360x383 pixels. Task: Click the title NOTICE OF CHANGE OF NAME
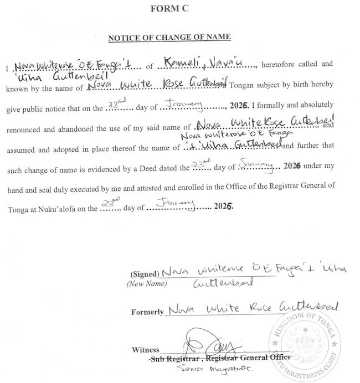pos(169,38)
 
